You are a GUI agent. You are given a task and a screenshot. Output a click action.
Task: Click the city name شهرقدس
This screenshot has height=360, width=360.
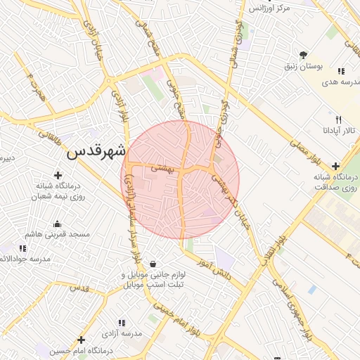coord(96,152)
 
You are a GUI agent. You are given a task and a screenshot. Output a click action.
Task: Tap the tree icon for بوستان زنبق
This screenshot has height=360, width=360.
coord(303,54)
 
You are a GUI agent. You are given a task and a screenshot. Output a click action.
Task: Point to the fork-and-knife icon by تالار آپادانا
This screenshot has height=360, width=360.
coord(338,120)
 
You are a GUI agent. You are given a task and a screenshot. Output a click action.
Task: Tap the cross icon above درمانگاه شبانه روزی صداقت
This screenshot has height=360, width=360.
coord(335,167)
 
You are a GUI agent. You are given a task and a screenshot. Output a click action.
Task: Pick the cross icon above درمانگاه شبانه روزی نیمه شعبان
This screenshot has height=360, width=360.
coord(58,174)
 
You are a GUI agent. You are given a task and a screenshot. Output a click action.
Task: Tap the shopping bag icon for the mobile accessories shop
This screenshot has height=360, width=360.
coord(152,264)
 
